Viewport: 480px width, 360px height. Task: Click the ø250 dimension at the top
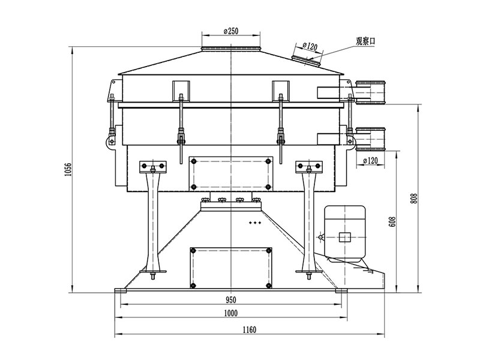pos(231,31)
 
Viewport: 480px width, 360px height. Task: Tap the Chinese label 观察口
pos(365,40)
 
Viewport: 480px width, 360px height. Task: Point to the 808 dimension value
pos(413,197)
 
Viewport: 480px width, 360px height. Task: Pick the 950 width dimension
pos(231,299)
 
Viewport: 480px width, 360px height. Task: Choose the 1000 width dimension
pos(231,313)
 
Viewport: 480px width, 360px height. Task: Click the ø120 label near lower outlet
pos(371,161)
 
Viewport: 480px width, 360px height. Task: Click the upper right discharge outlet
pos(373,92)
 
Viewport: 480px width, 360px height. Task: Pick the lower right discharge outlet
pos(373,137)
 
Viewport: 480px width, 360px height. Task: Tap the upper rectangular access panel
pos(230,173)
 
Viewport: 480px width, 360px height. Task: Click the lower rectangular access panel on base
pos(230,266)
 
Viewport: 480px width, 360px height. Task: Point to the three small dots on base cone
pos(256,223)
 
